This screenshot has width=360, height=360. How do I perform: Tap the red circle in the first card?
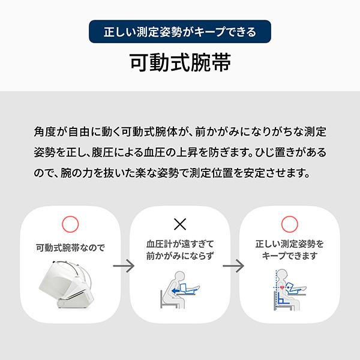click(x=70, y=224)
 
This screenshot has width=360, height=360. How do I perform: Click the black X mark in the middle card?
click(x=180, y=224)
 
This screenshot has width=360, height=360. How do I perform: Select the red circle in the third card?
click(x=290, y=224)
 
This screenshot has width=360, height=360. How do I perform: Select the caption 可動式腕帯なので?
click(x=70, y=247)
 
